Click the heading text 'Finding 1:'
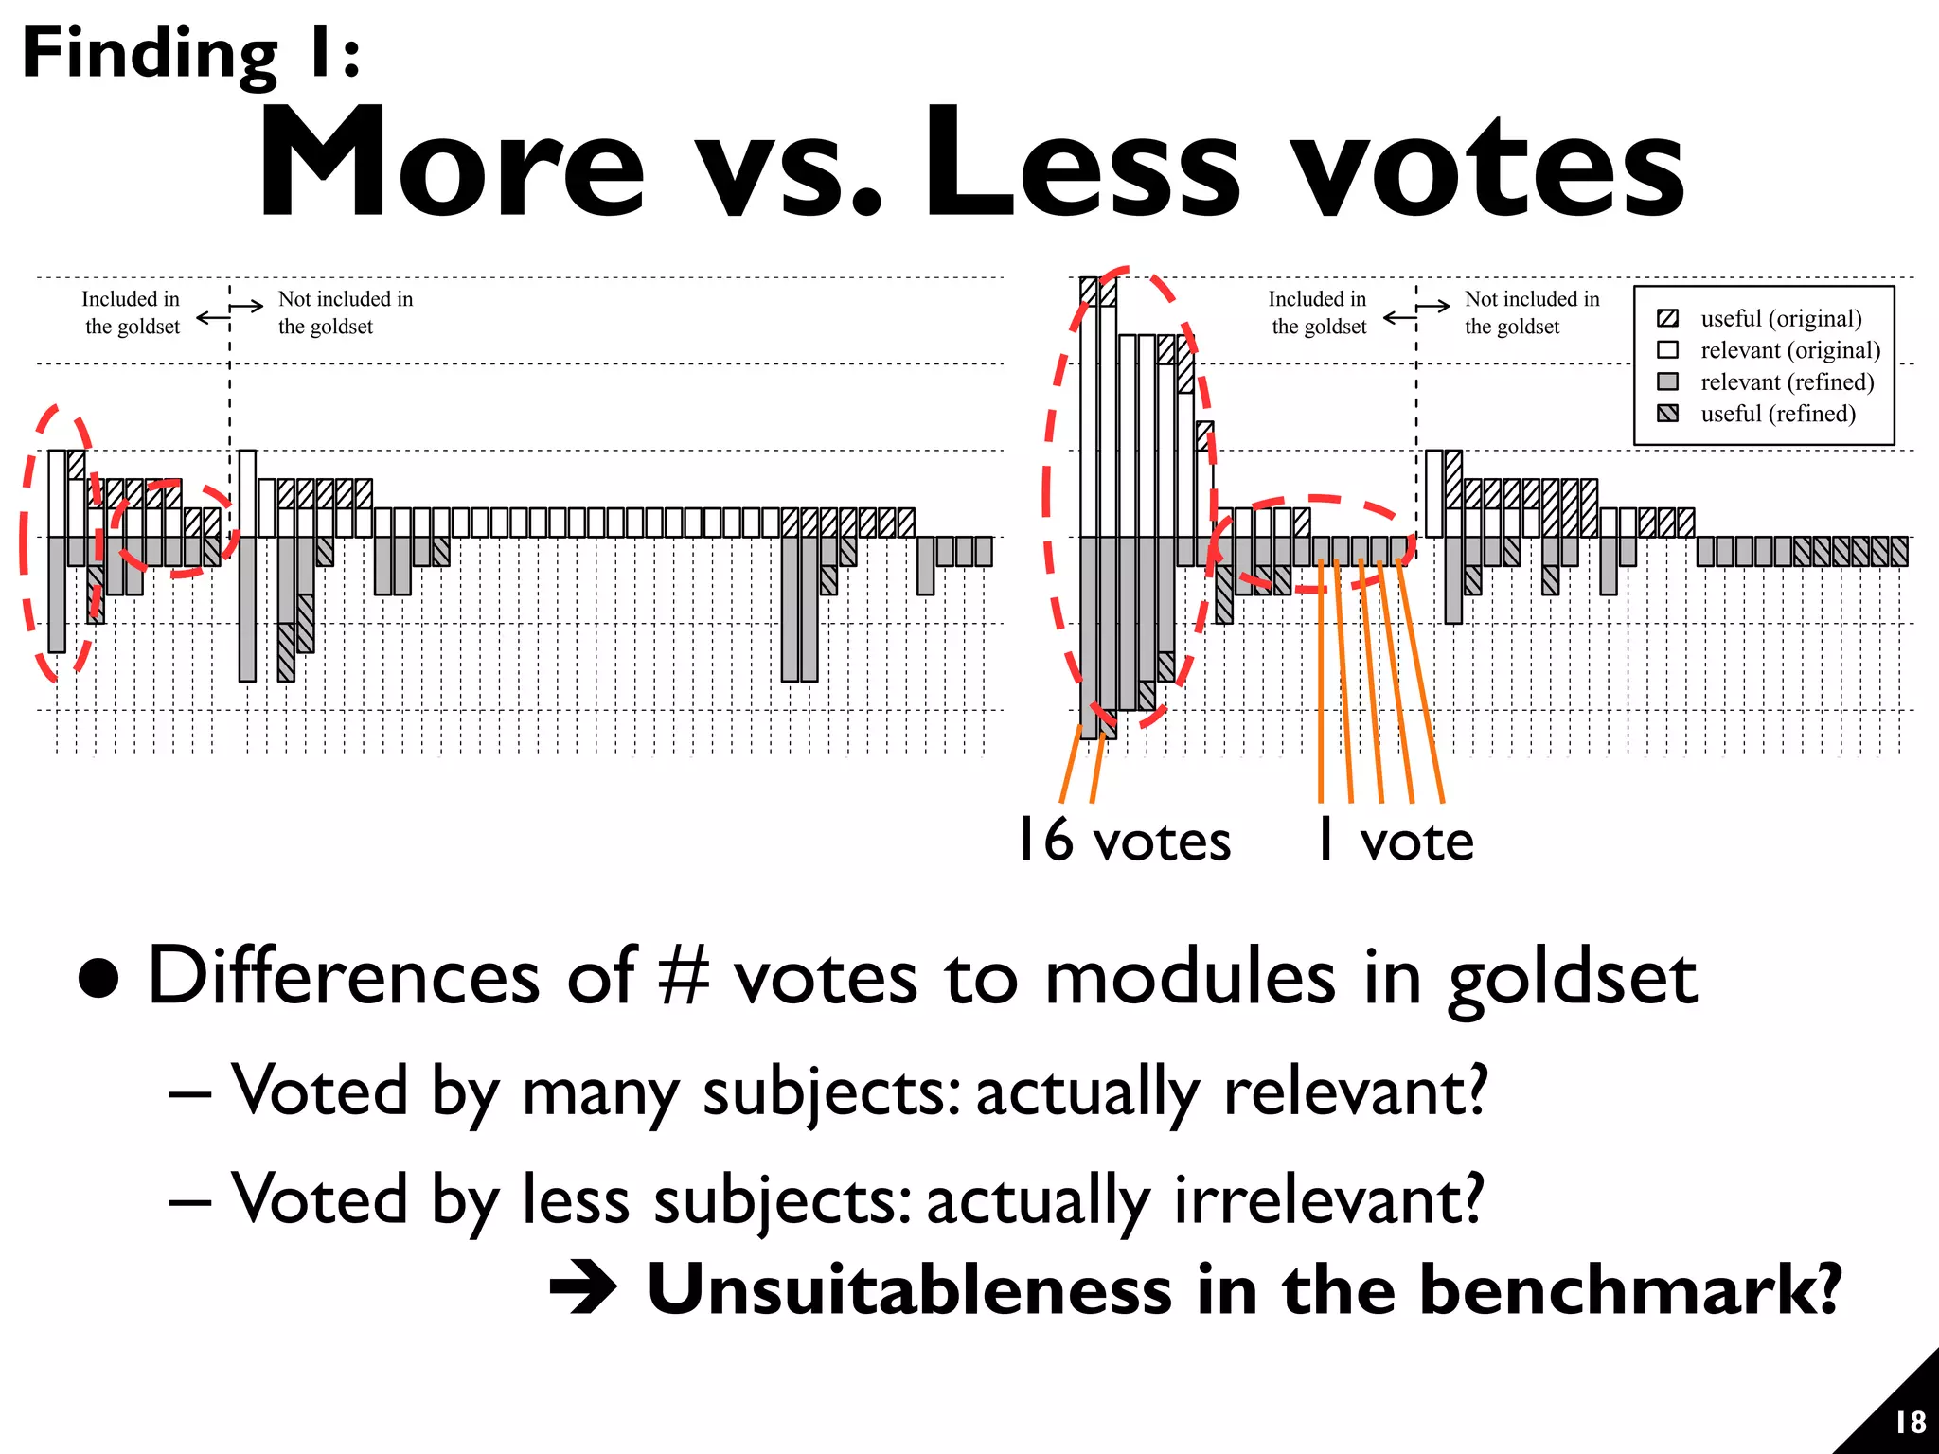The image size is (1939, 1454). (190, 54)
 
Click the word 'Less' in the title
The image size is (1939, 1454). (1080, 163)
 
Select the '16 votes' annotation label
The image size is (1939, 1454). (1124, 841)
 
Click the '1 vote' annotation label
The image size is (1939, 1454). (1396, 841)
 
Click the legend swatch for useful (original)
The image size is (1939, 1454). (1668, 319)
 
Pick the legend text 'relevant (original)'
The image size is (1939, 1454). (1789, 350)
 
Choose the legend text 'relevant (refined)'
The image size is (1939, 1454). (1787, 382)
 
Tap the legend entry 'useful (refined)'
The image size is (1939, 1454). (1777, 414)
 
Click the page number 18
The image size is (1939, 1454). (1910, 1423)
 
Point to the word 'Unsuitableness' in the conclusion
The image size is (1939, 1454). (909, 1290)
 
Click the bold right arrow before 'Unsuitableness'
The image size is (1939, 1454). (583, 1290)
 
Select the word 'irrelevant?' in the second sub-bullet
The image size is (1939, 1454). (1328, 1200)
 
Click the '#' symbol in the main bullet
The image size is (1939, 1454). (684, 977)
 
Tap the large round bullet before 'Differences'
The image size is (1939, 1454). (99, 979)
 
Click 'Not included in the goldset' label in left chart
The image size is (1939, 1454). (345, 312)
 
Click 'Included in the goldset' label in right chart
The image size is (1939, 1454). (1318, 312)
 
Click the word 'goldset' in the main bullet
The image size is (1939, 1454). (1573, 980)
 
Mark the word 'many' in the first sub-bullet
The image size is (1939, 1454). (600, 1093)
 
